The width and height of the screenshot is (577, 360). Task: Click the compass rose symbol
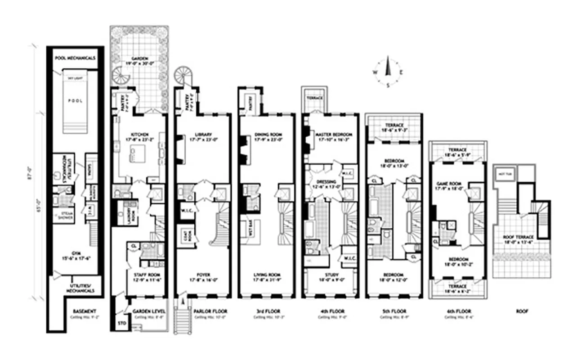387,72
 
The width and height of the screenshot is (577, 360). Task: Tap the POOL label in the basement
75,101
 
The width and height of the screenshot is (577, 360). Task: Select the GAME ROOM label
450,183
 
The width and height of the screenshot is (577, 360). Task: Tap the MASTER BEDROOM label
333,135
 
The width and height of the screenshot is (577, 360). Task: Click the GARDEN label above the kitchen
140,58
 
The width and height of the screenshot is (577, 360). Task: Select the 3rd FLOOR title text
266,311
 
